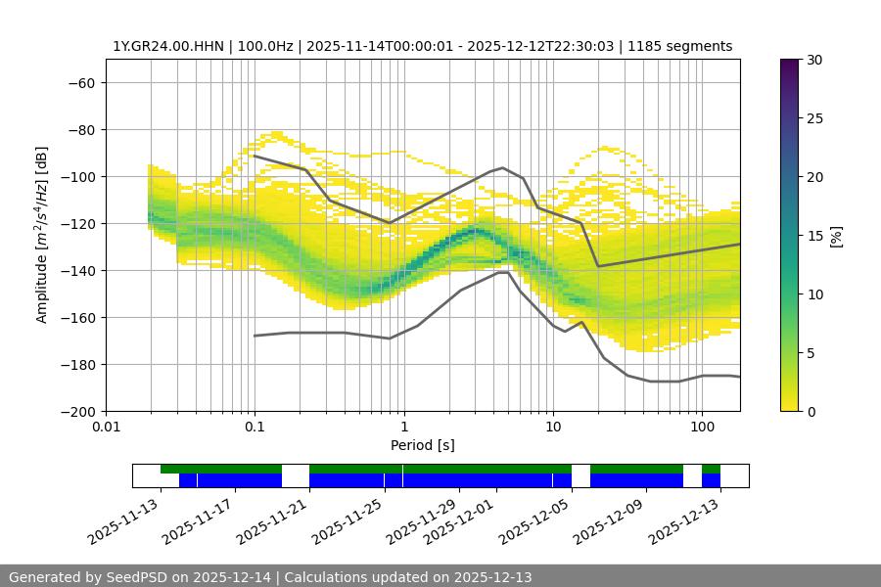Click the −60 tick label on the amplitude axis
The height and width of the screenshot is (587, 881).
point(79,82)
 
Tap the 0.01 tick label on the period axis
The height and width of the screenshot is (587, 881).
point(106,428)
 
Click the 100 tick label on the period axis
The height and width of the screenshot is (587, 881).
point(702,428)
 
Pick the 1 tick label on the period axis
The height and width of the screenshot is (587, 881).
point(403,428)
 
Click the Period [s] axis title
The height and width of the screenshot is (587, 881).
point(422,445)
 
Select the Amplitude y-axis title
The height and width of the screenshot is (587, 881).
point(42,235)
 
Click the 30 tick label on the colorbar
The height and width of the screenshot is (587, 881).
point(813,60)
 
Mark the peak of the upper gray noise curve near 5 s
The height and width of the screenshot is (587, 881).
point(503,167)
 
